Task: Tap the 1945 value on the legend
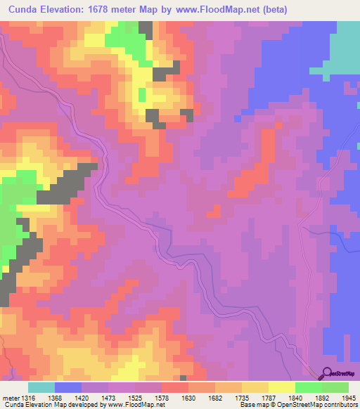coord(349,398)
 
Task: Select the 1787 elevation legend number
coord(268,398)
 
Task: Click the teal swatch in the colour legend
coord(41,387)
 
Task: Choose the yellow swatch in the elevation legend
coord(281,387)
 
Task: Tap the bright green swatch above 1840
coord(308,387)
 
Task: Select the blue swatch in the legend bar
coord(67,387)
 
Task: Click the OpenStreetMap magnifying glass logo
coord(328,373)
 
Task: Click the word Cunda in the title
coord(19,8)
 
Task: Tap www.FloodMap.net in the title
coord(216,8)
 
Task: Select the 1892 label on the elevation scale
coord(321,398)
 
